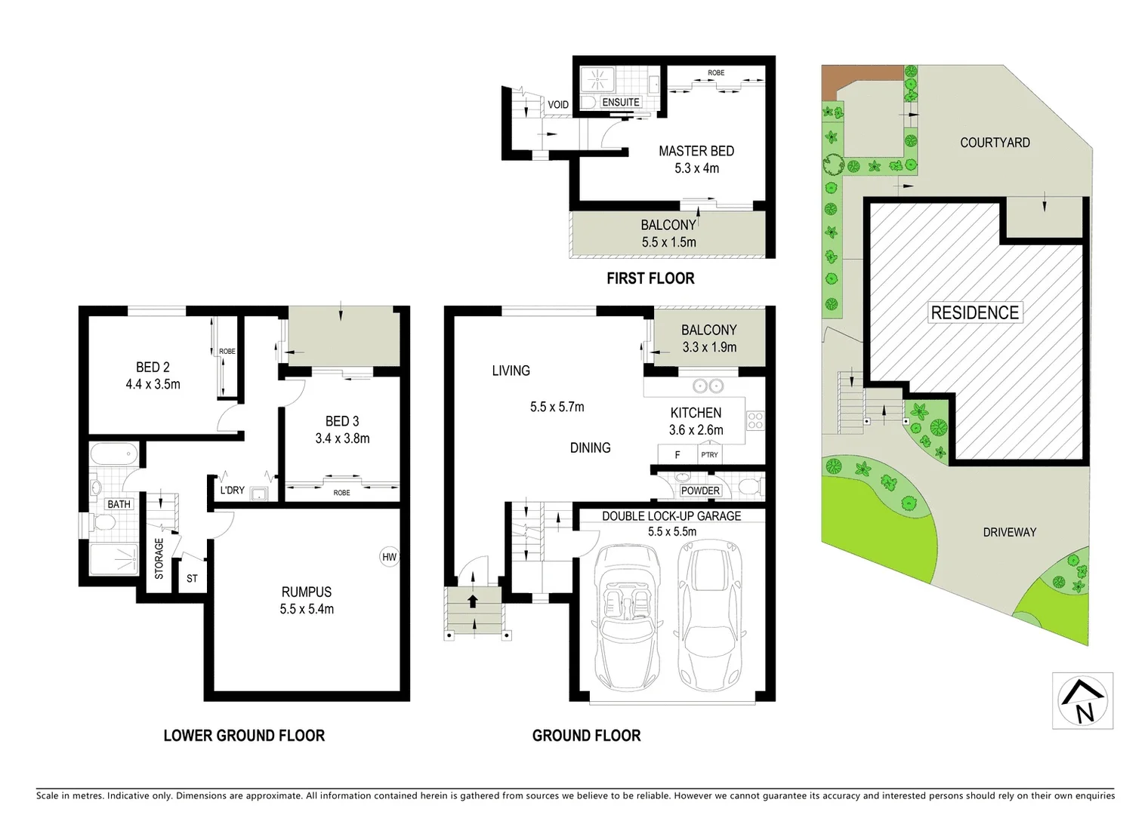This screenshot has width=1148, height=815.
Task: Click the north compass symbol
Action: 1082,701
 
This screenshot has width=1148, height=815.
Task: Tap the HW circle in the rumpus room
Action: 389,558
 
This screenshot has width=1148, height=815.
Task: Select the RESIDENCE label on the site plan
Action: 974,312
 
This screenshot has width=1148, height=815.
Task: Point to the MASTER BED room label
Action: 696,151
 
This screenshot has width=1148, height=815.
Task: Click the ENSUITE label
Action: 621,102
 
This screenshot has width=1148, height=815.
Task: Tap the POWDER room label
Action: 700,491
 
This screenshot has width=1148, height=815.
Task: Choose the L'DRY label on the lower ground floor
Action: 232,491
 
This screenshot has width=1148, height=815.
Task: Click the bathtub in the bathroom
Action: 113,456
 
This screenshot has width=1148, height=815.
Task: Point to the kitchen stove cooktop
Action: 755,420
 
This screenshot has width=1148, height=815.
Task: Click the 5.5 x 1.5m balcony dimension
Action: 668,242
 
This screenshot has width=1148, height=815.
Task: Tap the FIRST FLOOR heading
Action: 650,278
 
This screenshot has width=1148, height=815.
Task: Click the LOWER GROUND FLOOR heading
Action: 244,736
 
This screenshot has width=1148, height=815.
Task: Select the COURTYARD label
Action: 995,143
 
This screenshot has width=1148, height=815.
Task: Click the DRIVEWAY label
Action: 1009,532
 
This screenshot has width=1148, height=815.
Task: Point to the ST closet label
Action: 192,579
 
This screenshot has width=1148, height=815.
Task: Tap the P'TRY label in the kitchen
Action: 709,455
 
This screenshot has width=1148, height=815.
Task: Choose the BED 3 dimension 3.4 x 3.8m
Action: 342,438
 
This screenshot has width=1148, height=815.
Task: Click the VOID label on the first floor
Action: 558,105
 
